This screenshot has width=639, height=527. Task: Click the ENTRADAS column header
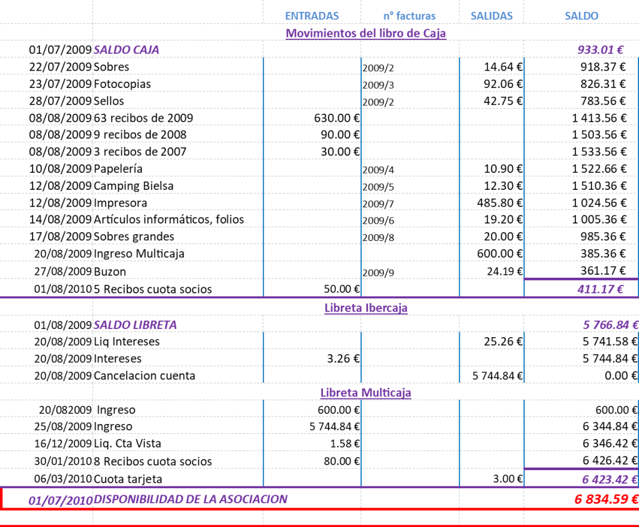312,16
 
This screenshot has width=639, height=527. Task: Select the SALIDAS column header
492,16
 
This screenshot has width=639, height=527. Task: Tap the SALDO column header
581,16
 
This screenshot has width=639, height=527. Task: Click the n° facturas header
409,16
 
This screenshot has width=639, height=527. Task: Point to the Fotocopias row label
122,84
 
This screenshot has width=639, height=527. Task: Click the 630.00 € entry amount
337,118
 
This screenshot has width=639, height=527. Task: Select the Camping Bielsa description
134,186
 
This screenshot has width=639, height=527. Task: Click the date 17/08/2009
61,237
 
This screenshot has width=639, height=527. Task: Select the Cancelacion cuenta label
145,376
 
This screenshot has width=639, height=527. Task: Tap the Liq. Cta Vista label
128,444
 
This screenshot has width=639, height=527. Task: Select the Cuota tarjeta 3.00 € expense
509,479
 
